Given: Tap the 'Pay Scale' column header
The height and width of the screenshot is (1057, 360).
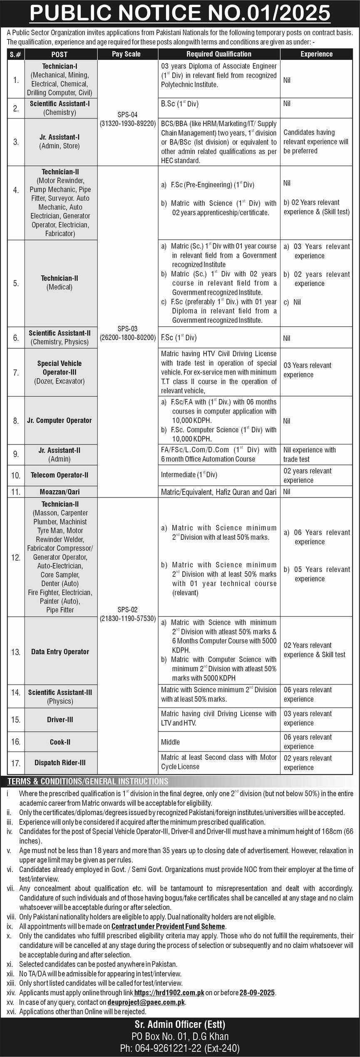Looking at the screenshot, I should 126,54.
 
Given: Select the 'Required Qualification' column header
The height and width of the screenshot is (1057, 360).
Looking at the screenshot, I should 218,54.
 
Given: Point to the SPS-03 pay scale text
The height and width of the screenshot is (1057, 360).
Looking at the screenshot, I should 127,333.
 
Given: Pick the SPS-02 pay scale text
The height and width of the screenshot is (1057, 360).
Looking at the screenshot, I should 127,614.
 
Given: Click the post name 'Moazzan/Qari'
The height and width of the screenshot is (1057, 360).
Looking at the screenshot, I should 60,492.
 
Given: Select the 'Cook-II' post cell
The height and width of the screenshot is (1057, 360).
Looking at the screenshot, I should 60,742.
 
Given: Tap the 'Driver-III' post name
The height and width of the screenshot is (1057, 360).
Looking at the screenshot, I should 60,720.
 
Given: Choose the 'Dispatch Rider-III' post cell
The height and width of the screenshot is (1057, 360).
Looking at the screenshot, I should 60,763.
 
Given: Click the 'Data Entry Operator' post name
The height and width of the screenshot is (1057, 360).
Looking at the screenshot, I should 60,652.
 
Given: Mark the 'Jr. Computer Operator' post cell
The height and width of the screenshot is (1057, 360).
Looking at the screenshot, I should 60,420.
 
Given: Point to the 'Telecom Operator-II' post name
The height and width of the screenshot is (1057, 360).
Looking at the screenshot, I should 60,475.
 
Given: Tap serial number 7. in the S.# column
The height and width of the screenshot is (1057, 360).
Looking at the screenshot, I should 16,373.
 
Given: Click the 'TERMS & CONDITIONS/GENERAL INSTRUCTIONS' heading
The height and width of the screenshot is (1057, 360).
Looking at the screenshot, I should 88,781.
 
